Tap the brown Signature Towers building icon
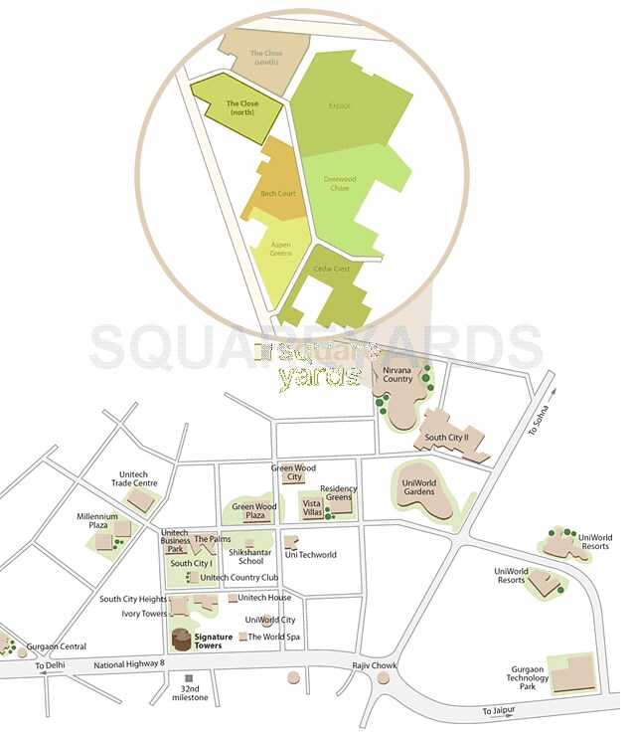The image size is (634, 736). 182,639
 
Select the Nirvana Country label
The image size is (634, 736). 397,373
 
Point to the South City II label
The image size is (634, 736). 446,438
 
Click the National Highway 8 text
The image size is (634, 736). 127,665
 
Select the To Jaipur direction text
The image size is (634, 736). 501,711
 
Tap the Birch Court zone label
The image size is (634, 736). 278,194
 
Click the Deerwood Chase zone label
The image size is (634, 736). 338,183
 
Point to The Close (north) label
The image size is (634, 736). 241,107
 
